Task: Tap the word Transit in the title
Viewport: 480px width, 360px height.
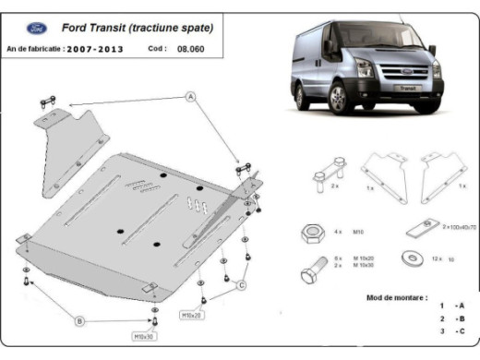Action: pos(119,29)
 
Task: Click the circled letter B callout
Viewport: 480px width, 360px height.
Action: pos(79,320)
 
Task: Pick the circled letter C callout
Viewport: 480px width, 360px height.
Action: pos(241,285)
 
